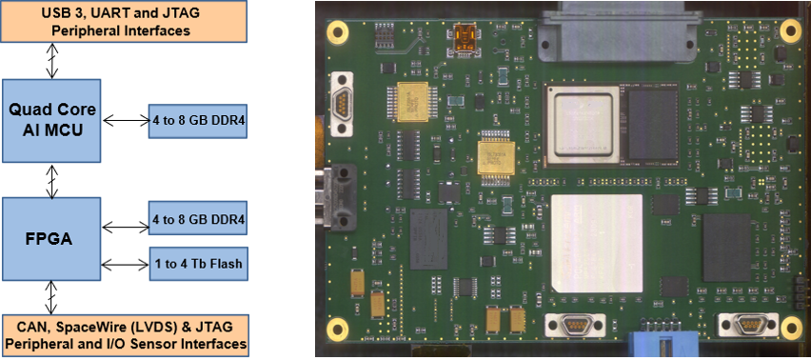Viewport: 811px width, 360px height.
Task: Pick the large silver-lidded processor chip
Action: [582, 123]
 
